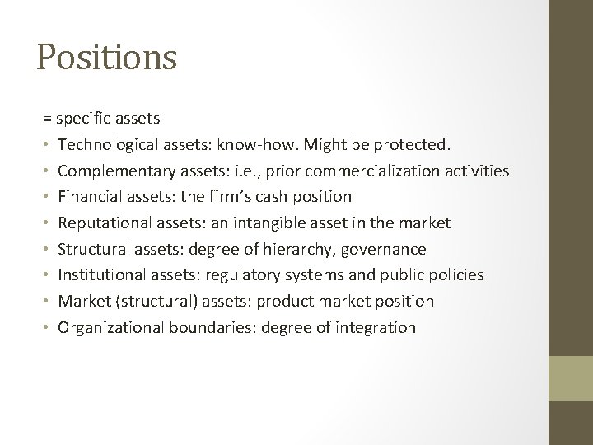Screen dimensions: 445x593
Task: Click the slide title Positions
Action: click(107, 58)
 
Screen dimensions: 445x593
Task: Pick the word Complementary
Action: click(109, 171)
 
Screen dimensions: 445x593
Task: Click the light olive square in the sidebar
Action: click(571, 378)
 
